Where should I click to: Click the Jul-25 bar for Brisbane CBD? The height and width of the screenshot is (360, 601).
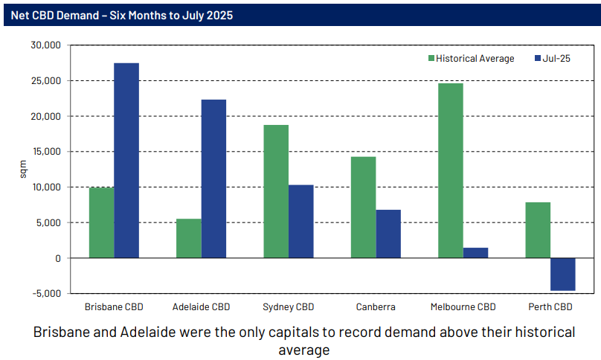tap(126, 160)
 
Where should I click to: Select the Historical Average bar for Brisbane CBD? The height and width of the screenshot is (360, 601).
tap(101, 222)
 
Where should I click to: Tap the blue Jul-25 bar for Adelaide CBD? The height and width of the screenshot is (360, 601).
tap(213, 179)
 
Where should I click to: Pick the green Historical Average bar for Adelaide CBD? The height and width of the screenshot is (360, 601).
tap(188, 238)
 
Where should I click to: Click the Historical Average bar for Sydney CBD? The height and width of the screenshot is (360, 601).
tap(276, 191)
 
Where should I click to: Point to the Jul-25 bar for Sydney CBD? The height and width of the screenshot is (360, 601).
tap(301, 221)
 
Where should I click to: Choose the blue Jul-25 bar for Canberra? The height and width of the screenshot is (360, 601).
tap(388, 234)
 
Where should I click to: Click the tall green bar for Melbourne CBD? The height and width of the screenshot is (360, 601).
tap(451, 170)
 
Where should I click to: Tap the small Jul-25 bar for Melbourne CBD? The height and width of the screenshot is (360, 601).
tap(476, 253)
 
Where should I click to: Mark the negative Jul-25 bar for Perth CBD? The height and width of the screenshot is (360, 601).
tap(563, 274)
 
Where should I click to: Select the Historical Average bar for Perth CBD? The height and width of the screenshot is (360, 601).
tap(538, 230)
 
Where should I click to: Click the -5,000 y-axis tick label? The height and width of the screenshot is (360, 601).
tap(46, 294)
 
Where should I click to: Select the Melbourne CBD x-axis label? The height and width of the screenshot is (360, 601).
tap(463, 306)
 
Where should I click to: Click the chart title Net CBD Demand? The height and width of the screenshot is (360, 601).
tap(123, 15)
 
